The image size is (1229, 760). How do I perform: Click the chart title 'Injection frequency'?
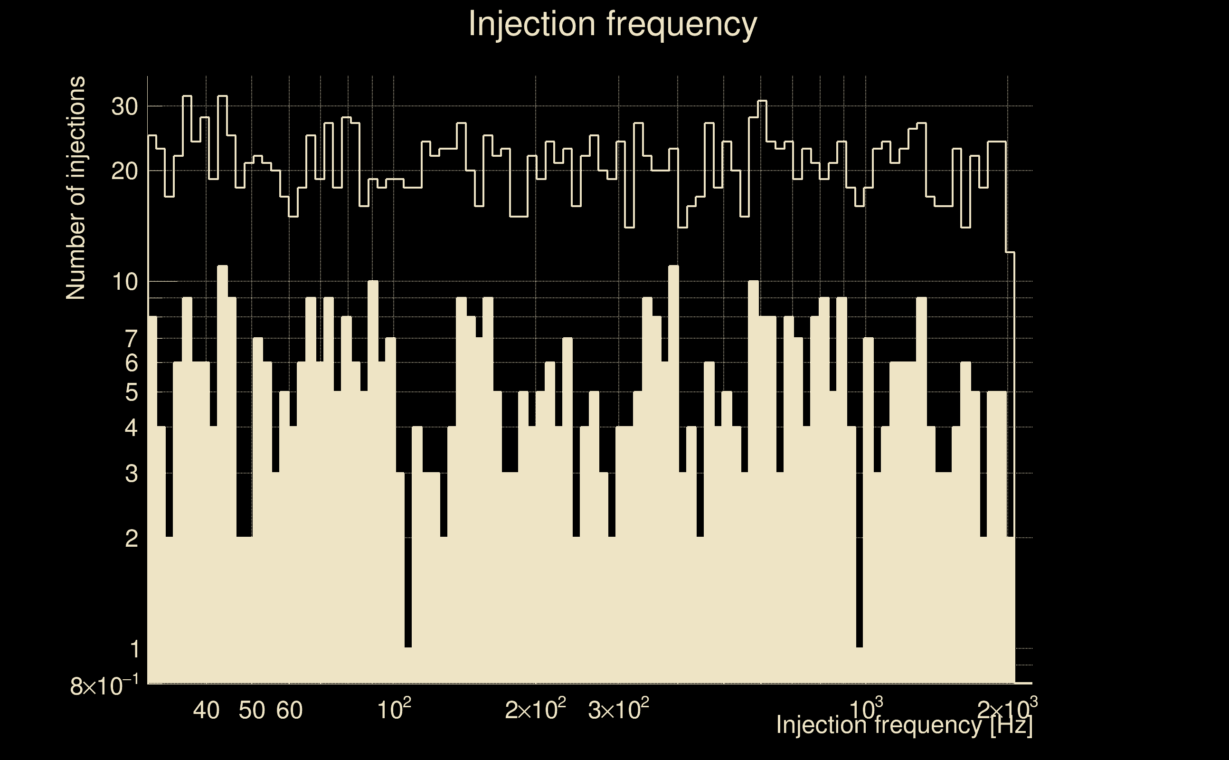(x=613, y=24)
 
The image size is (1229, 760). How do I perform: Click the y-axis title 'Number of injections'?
(x=76, y=188)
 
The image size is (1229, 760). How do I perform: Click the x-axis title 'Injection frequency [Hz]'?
(x=904, y=725)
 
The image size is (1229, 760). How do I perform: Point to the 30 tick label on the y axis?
(x=124, y=106)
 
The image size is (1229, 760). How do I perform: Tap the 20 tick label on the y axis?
(x=124, y=171)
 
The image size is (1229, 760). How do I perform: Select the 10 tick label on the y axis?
(x=124, y=282)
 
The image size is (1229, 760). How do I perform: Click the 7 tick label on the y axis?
(x=131, y=339)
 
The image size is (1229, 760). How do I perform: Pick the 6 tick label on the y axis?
(x=131, y=362)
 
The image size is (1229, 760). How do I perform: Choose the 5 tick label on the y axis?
(x=131, y=392)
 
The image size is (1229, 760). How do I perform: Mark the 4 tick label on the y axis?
(x=131, y=428)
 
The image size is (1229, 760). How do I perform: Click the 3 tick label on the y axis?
(x=131, y=474)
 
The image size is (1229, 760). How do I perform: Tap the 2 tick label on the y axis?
(x=131, y=538)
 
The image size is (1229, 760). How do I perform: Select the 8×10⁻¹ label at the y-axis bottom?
(x=104, y=686)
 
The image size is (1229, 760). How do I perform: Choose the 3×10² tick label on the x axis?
(x=618, y=709)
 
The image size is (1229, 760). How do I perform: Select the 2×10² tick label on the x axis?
(x=535, y=709)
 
